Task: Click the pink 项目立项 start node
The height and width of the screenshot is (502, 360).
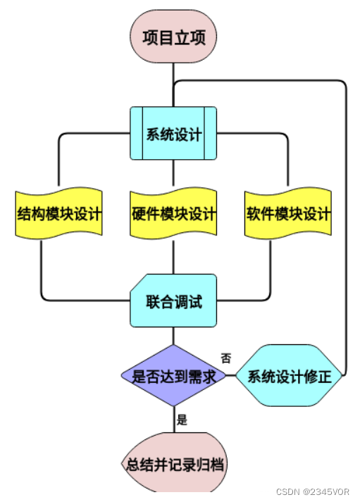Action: click(173, 37)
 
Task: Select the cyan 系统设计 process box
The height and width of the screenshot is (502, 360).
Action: click(173, 133)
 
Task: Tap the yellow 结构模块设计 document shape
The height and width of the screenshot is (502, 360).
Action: click(58, 213)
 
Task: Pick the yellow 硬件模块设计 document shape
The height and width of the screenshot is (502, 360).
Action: click(173, 213)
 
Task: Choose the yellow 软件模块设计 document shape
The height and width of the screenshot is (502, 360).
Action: click(288, 213)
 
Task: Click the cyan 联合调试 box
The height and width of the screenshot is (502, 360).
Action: click(173, 301)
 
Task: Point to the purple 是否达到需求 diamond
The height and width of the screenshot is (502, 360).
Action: click(173, 375)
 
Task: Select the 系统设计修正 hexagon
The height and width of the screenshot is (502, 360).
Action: click(290, 375)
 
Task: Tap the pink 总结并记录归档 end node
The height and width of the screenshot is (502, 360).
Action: click(174, 463)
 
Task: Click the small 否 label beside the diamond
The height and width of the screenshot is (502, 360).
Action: click(226, 358)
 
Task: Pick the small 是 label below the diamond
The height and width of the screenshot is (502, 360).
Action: click(182, 420)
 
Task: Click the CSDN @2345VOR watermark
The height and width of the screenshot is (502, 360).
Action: click(313, 491)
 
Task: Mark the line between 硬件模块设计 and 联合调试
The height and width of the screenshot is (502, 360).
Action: click(173, 257)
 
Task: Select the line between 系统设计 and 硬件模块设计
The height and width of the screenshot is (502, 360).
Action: click(173, 173)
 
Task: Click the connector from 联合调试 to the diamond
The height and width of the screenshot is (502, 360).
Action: click(173, 336)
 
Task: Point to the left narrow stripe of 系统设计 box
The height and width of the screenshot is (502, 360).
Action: click(137, 133)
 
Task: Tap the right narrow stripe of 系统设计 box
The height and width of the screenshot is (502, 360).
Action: click(211, 133)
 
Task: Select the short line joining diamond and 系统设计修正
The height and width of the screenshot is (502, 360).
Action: click(230, 375)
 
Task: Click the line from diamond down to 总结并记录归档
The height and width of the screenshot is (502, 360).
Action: click(174, 420)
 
